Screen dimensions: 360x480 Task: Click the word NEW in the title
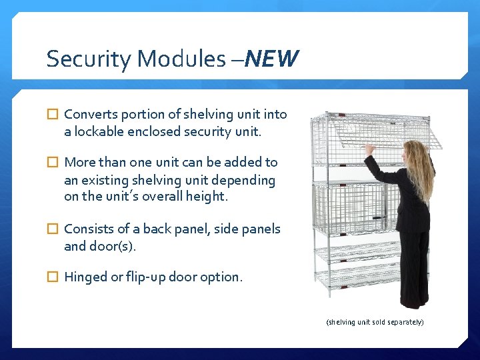click(271, 59)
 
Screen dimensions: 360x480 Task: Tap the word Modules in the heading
click(181, 59)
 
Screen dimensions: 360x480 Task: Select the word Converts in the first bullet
click(89, 114)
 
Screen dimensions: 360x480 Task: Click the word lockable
click(98, 131)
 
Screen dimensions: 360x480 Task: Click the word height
click(207, 197)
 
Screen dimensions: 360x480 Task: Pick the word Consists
click(89, 229)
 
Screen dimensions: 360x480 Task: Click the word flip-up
click(145, 277)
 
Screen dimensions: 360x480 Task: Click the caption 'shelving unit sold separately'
click(375, 322)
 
